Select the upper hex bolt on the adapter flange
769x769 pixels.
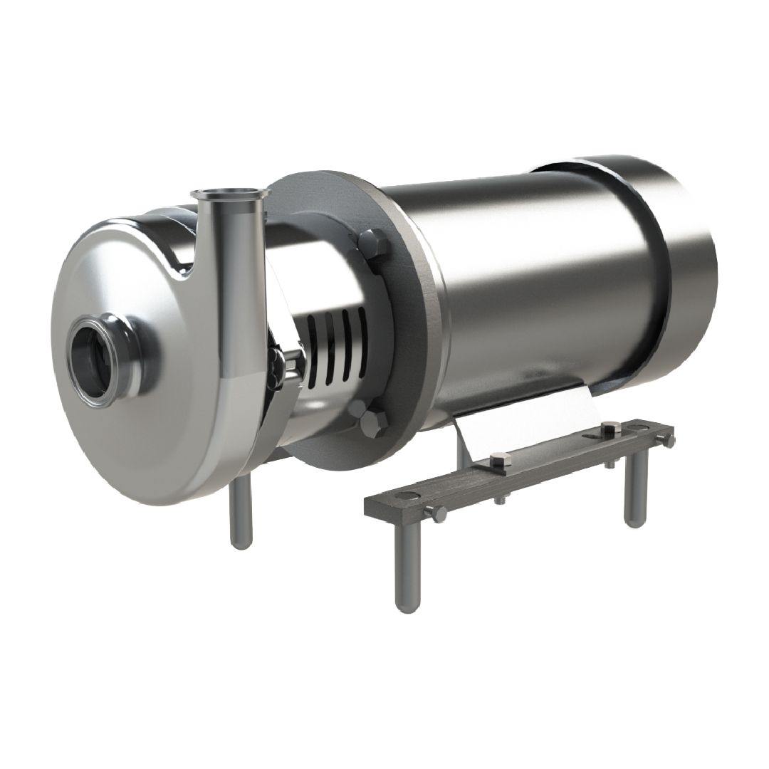point(373,244)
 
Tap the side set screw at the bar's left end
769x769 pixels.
point(436,513)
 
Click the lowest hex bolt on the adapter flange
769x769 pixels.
point(373,424)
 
